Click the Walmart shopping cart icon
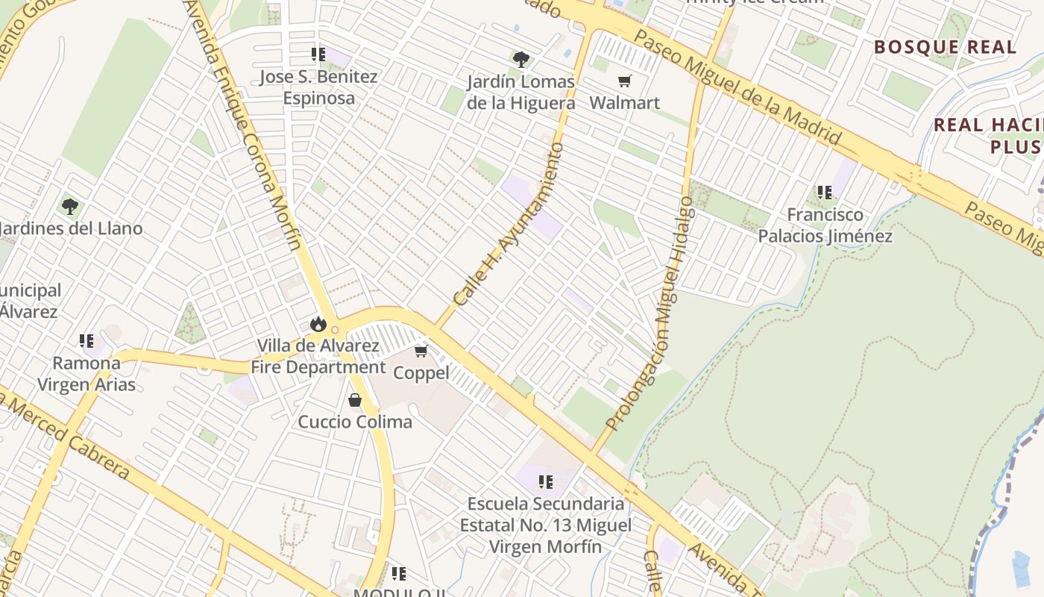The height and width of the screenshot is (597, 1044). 624,81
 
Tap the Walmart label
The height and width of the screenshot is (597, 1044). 624,102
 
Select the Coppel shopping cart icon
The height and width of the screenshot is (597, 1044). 421,351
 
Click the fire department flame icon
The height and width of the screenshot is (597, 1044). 318,324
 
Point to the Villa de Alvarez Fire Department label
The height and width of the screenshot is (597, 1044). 318,357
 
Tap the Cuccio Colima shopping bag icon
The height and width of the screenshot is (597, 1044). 355,400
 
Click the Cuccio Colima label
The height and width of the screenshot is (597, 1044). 355,422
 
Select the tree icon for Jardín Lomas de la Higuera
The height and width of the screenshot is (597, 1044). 521,59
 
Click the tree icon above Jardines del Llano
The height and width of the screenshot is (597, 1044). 70,206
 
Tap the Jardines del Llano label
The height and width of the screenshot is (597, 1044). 71,228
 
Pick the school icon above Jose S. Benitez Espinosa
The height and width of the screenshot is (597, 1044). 318,54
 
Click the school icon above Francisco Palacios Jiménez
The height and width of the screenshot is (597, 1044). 825,193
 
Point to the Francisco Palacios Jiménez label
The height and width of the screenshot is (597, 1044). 825,225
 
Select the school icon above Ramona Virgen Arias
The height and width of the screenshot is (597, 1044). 87,341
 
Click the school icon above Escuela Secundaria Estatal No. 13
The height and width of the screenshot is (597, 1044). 546,482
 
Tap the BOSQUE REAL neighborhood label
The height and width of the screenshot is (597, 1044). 945,47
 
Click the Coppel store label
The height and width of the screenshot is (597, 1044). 421,372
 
